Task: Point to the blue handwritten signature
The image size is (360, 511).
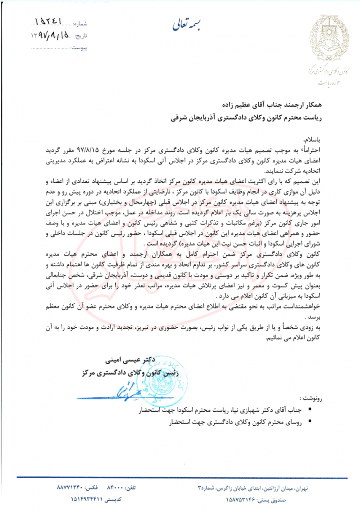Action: pyautogui.click(x=115, y=389)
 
